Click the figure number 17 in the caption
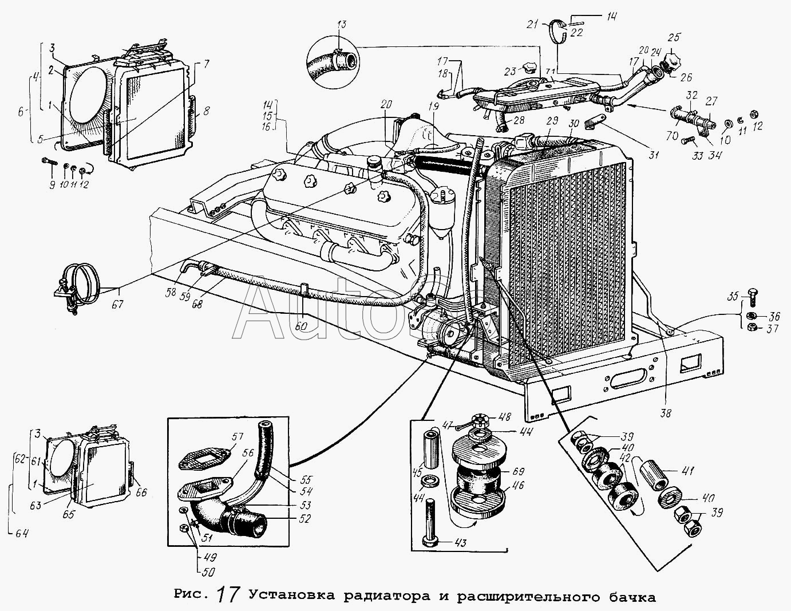(x=228, y=595)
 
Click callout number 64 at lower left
(x=21, y=533)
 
